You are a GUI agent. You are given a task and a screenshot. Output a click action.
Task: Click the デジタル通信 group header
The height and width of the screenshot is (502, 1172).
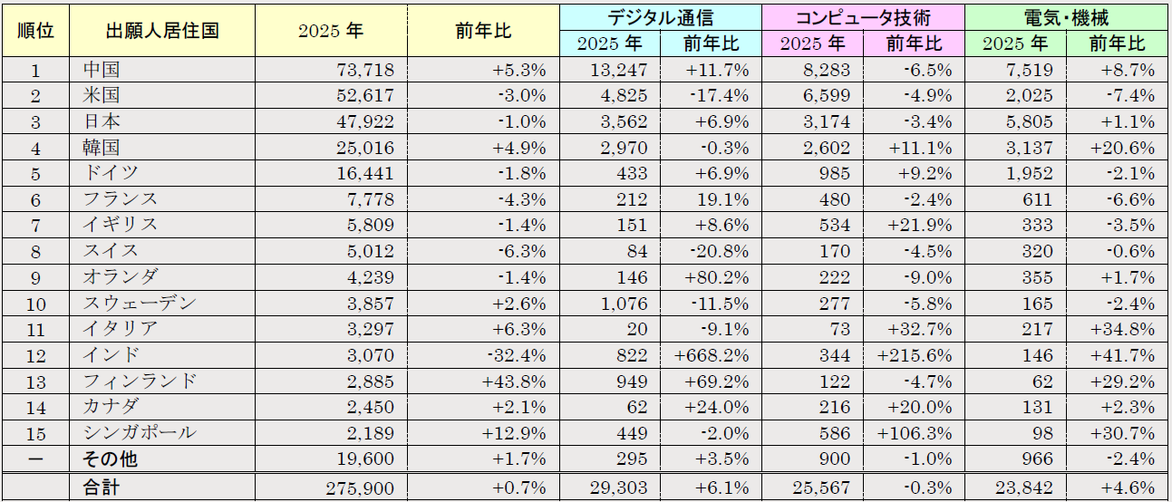click(660, 16)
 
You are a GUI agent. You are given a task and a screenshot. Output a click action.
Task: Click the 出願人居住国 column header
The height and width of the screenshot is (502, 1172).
click(162, 30)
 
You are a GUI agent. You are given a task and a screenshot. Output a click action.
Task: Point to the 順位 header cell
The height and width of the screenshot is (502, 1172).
click(36, 30)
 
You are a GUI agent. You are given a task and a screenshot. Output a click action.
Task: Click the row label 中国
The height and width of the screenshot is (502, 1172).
click(101, 70)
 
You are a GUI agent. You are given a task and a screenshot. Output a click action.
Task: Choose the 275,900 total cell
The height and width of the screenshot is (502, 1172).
click(361, 488)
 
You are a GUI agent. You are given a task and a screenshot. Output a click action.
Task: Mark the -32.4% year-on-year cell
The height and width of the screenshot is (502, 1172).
click(518, 355)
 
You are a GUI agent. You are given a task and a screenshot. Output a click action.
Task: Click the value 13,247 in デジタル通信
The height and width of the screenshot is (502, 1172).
click(619, 70)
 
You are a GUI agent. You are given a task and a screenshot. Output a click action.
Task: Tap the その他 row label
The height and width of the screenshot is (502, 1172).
click(110, 459)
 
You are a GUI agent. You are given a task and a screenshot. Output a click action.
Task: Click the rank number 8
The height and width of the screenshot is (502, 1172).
click(36, 251)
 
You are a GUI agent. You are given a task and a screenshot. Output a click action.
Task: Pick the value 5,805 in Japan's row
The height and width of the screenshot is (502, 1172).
click(1027, 121)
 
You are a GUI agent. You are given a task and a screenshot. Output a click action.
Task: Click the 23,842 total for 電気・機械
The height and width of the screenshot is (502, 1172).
click(1023, 488)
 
